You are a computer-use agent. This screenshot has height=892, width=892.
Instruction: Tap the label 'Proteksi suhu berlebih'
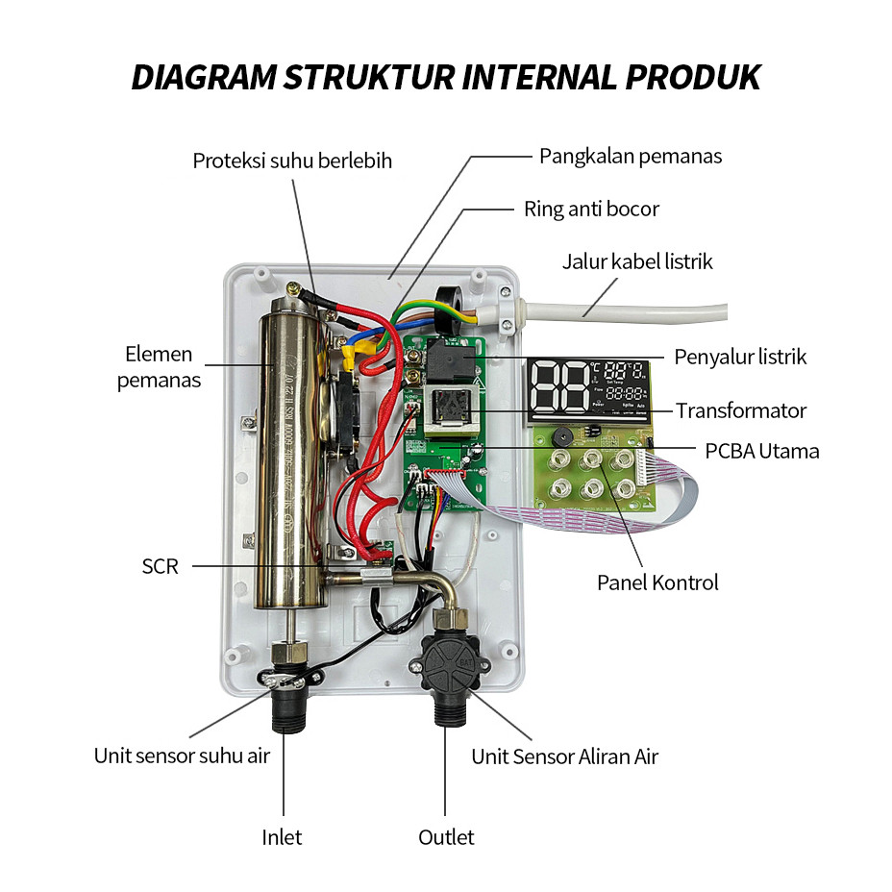pyautogui.click(x=292, y=161)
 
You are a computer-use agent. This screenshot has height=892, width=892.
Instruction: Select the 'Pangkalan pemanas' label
pyautogui.click(x=630, y=156)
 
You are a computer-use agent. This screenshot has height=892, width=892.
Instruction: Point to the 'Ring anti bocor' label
pyautogui.click(x=591, y=209)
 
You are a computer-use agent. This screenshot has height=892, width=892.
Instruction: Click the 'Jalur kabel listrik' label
pyautogui.click(x=637, y=261)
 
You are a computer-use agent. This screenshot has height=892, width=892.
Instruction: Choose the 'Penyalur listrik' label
pyautogui.click(x=740, y=357)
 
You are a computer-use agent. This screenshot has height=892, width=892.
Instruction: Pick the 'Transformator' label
pyautogui.click(x=741, y=410)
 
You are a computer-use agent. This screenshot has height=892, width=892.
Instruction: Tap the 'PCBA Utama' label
pyautogui.click(x=762, y=450)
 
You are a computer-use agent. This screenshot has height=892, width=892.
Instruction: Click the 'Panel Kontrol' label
pyautogui.click(x=657, y=582)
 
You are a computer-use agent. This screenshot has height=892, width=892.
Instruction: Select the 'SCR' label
pyautogui.click(x=161, y=566)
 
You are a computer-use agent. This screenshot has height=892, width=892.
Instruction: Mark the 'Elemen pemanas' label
pyautogui.click(x=159, y=367)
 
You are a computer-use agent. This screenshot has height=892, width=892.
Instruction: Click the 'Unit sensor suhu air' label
pyautogui.click(x=182, y=755)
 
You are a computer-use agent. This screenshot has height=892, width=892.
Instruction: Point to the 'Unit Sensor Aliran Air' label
pyautogui.click(x=564, y=756)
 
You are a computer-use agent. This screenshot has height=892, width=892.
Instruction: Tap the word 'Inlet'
pyautogui.click(x=282, y=837)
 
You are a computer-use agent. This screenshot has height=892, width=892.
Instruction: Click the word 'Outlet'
pyautogui.click(x=446, y=837)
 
